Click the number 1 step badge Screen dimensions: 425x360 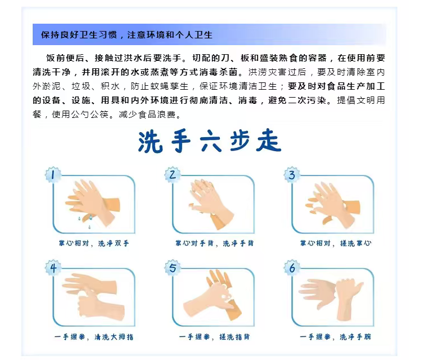point(53,175)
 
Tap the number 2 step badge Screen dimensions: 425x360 point(172,175)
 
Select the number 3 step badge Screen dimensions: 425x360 point(292,175)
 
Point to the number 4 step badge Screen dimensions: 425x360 point(53,268)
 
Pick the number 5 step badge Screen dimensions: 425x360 point(172,268)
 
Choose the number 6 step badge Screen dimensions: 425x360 point(292,268)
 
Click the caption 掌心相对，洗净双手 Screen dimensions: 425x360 point(94,243)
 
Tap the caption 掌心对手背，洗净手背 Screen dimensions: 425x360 point(214,243)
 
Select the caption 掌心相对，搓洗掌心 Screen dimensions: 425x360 point(335,243)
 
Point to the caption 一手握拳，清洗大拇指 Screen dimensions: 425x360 point(94,337)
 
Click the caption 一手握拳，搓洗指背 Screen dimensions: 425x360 point(214,337)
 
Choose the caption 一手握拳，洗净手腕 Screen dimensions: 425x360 point(335,337)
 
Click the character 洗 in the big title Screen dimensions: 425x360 point(150,142)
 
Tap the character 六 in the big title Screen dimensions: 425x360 point(211,141)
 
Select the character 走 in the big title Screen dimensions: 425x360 point(269,141)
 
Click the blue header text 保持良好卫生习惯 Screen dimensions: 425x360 point(79,35)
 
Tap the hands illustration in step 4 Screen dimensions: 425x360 point(94,296)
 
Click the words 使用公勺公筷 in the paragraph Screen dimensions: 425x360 point(80,115)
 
